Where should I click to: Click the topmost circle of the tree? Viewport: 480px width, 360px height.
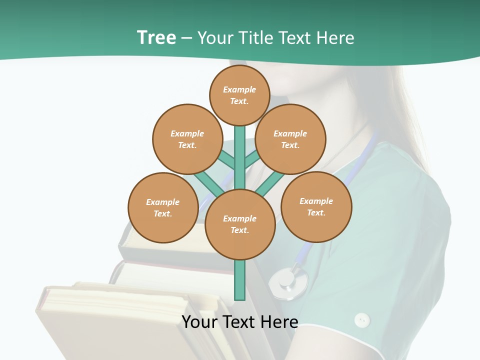(x=239, y=95)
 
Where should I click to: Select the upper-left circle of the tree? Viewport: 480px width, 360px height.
(x=187, y=139)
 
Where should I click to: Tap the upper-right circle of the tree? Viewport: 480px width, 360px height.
(x=290, y=139)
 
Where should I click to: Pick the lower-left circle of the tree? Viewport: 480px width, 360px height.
(x=163, y=207)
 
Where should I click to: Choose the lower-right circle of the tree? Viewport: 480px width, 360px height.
(x=316, y=206)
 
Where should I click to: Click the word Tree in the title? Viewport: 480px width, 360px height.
(x=156, y=37)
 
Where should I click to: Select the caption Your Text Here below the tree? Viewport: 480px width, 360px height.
(x=240, y=321)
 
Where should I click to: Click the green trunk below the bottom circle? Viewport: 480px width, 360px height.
(x=240, y=280)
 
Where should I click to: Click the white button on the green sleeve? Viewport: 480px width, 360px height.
(x=361, y=320)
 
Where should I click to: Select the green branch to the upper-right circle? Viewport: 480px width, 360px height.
(x=252, y=159)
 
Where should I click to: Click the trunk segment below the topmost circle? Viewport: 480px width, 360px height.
(x=240, y=150)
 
